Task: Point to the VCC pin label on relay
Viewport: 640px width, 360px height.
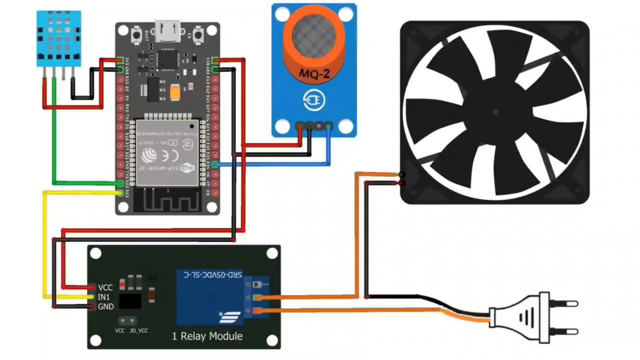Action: [x=105, y=287]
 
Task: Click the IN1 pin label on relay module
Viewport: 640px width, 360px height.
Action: [x=104, y=297]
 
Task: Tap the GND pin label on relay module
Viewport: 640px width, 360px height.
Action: [x=105, y=306]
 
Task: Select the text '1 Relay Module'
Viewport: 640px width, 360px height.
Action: [x=207, y=337]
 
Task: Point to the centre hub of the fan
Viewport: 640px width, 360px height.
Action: [x=495, y=112]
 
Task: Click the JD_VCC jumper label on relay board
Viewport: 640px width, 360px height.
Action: [x=139, y=331]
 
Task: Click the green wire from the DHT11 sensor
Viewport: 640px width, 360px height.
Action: [x=53, y=144]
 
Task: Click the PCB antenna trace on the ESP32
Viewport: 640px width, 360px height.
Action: [x=166, y=202]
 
